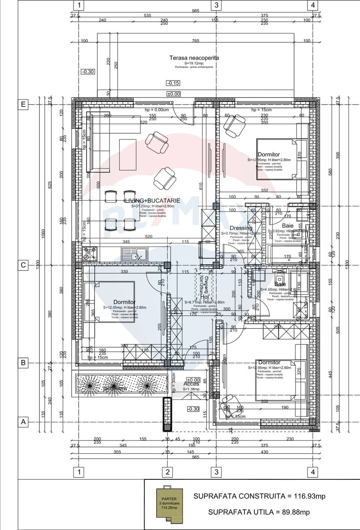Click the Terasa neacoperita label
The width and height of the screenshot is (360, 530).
(194, 58)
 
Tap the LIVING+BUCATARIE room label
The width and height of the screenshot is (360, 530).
(152, 201)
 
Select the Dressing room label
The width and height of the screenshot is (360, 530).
(241, 228)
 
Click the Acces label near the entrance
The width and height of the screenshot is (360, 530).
(191, 384)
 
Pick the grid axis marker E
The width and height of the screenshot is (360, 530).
(23, 104)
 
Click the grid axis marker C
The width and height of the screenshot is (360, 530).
(23, 265)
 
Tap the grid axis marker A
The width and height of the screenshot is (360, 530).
(23, 422)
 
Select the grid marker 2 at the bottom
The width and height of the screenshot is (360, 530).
(168, 472)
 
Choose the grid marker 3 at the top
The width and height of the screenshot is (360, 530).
(216, 5)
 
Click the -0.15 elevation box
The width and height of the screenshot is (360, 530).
(173, 83)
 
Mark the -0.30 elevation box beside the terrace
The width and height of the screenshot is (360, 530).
(88, 72)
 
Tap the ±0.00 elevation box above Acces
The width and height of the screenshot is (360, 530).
(193, 380)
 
